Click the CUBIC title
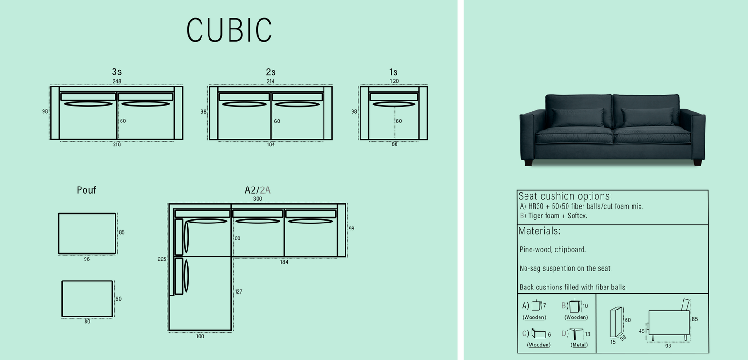point(229,30)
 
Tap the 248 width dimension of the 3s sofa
point(116,81)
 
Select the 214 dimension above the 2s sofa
point(271,81)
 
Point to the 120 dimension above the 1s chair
point(395,81)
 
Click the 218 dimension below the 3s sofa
point(116,144)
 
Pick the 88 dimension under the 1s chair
point(395,144)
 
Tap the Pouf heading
point(86,190)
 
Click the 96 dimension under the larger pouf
point(87,259)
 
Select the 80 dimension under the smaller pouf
point(87,322)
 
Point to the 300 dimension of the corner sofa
point(258,199)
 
